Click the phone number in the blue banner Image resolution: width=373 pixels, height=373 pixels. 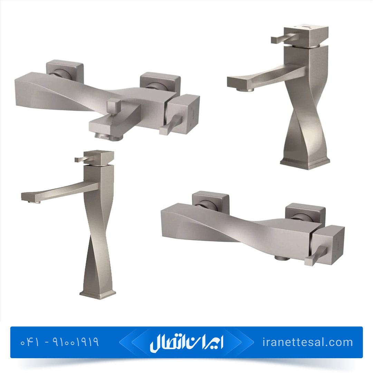pos(60,342)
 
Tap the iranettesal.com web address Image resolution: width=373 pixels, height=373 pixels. pos(308,342)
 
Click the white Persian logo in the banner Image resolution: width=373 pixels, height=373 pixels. pos(186,343)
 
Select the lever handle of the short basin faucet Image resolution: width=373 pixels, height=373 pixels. pos(283,38)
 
